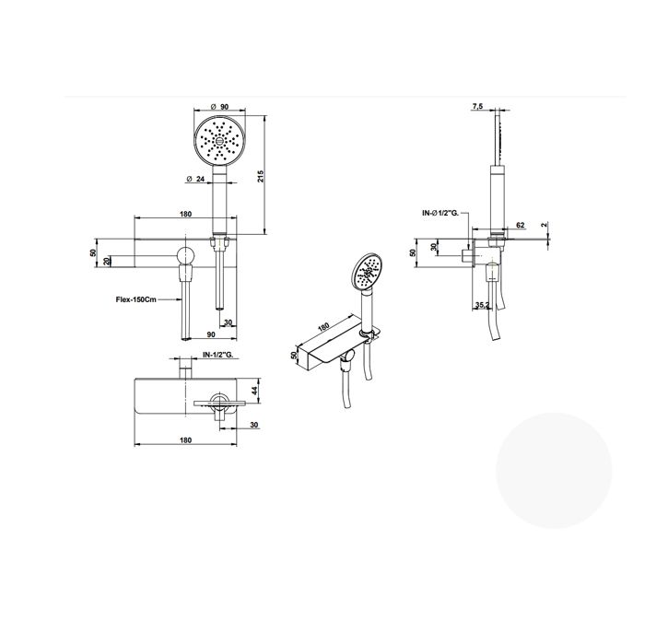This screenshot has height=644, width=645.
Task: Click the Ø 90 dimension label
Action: [x=219, y=107]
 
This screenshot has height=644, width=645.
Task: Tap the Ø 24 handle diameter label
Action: [x=195, y=179]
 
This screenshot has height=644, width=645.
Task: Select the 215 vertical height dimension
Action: [x=260, y=176]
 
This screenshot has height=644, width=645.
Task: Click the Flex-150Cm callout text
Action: [x=135, y=299]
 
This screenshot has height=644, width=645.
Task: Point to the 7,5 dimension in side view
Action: [x=477, y=107]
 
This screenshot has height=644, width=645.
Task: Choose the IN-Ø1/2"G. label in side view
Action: [x=440, y=213]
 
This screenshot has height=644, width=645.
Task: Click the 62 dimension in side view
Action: [x=521, y=225]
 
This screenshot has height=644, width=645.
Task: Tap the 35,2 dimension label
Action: [x=482, y=305]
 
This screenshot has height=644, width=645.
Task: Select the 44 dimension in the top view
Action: [x=254, y=391]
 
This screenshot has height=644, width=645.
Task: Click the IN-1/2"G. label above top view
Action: [x=218, y=355]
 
